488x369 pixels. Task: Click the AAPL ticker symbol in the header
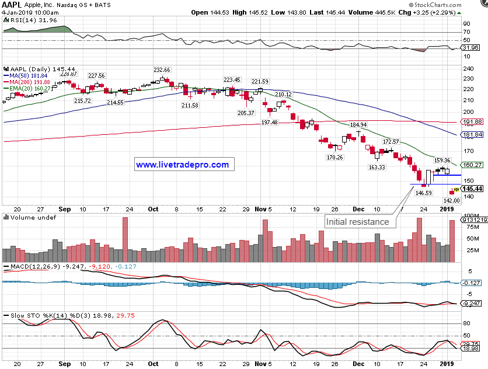point(13,5)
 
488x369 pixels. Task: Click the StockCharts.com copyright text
point(454,5)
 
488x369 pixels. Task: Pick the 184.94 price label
point(358,125)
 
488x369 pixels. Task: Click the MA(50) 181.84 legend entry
point(28,75)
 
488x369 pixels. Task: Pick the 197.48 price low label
point(270,122)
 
